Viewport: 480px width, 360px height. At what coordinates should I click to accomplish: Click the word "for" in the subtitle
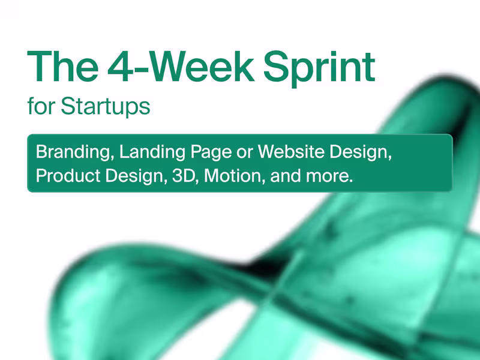[x=40, y=106]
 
